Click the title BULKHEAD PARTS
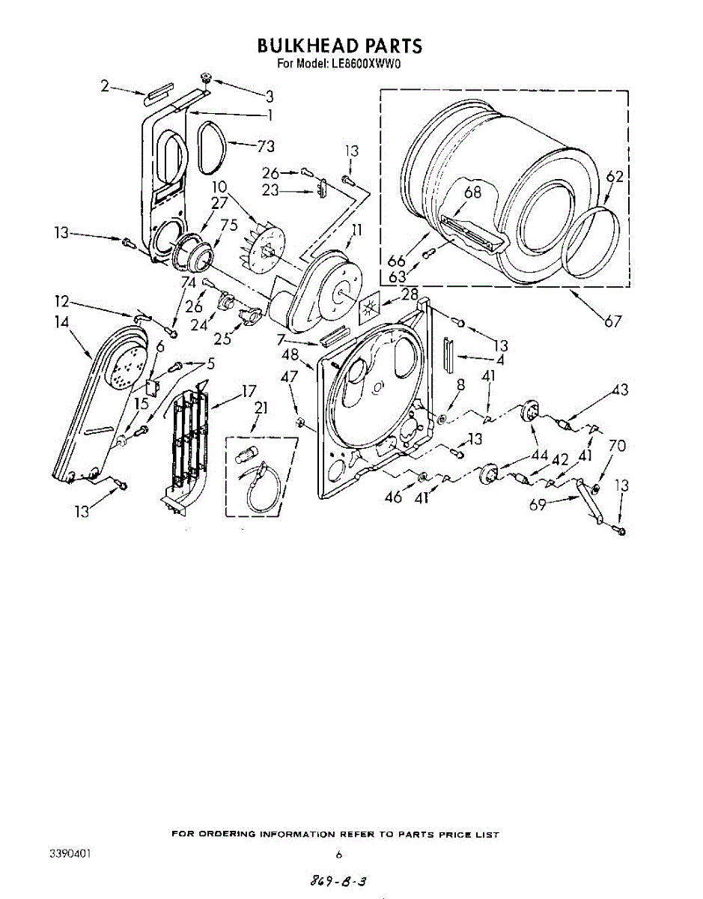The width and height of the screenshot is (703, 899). click(x=339, y=46)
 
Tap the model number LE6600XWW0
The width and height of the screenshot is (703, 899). click(x=365, y=64)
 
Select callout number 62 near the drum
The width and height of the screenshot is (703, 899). click(x=615, y=177)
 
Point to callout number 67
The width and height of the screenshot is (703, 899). click(x=614, y=322)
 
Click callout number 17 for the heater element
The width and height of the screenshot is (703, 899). click(x=249, y=390)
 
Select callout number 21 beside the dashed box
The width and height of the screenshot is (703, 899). click(x=261, y=408)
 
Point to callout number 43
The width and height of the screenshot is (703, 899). click(x=619, y=390)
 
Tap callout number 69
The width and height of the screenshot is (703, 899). click(x=538, y=506)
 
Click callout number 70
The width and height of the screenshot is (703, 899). click(x=616, y=447)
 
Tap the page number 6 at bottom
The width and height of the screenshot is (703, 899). click(x=339, y=854)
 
